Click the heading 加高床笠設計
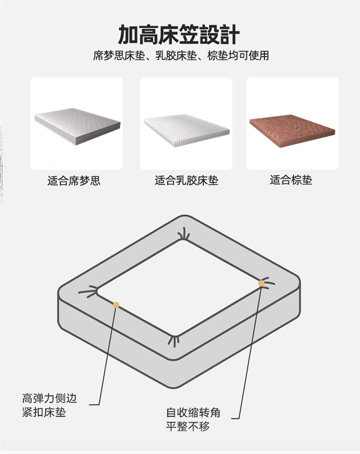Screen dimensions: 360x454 pos(179,35)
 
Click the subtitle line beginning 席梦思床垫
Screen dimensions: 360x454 pos(181,56)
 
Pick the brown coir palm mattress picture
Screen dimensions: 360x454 pos(292,131)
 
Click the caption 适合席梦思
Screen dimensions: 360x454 pos(74,181)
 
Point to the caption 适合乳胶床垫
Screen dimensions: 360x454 pos(186,181)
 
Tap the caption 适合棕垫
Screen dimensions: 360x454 pos(291,180)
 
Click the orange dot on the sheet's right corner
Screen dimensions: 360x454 pos(261,284)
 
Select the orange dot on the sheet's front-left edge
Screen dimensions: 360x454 pos(116,305)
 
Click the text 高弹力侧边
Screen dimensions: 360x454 pos(50,398)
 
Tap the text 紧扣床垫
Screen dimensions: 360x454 pos(44,412)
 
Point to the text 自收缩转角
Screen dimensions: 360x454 pos(193,413)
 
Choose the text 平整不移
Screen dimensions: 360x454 pos(188,426)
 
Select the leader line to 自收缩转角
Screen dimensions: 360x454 pos(251,351)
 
